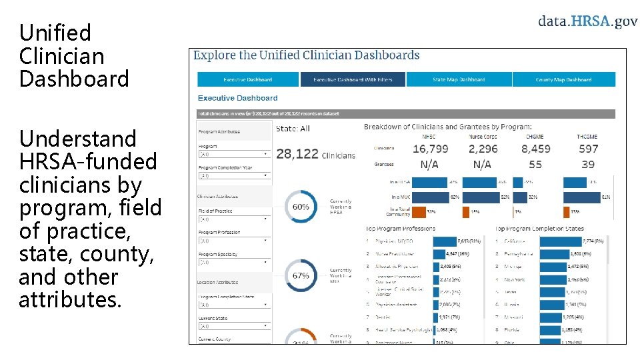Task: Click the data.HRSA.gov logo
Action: (x=587, y=21)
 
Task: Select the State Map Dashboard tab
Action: (x=459, y=79)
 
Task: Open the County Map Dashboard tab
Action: (x=563, y=79)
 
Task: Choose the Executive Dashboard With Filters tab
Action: (x=353, y=79)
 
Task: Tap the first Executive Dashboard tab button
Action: (x=247, y=79)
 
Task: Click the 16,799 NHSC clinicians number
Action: (x=430, y=149)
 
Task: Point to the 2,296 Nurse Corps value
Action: (x=483, y=149)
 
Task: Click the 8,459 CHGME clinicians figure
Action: (x=535, y=149)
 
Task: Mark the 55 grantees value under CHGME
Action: (x=535, y=164)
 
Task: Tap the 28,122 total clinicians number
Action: (x=297, y=154)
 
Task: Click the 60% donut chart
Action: (x=301, y=207)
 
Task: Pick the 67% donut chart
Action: (x=301, y=275)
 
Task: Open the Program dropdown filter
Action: (x=234, y=153)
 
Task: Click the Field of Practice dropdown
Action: (x=234, y=219)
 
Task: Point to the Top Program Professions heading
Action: (x=401, y=228)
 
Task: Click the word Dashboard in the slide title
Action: (x=74, y=79)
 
